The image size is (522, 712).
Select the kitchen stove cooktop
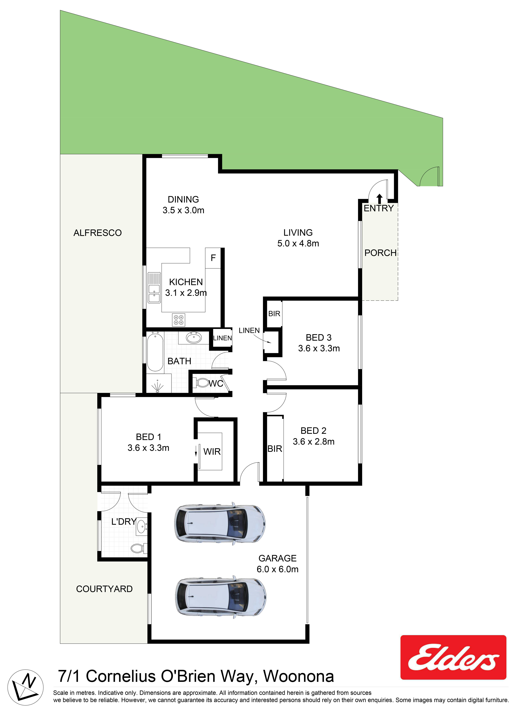(178, 320)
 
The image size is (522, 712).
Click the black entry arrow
(380, 199)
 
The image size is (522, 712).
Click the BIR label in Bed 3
(274, 314)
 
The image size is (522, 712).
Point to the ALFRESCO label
(98, 233)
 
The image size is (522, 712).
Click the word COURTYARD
(104, 589)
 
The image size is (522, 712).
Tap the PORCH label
(380, 253)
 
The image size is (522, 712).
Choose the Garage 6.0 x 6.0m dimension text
(277, 569)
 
